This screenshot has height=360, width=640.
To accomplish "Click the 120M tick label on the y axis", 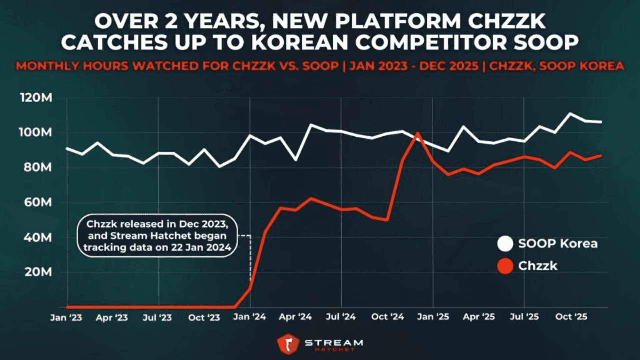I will pos(36,98).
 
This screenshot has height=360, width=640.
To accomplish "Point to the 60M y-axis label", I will pos(38,202).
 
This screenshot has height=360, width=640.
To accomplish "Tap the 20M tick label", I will pos(38,272).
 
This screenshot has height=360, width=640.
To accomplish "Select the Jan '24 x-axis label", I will pos(249,317).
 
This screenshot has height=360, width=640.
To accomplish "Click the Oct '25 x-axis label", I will pos(571,317).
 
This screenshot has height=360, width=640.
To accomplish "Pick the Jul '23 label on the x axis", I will pos(157,317).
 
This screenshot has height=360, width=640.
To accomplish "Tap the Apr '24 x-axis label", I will pos(295,317).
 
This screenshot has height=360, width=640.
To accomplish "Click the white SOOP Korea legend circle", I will pos(505,244).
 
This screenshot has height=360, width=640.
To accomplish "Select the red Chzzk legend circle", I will pos(505,266).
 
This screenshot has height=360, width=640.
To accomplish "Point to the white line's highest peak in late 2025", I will pos(570,114).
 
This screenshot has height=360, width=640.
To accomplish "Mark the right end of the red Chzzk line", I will pos(601,155).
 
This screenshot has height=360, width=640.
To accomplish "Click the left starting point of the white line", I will pos(67,148).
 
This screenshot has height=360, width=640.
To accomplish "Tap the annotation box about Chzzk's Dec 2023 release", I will pos(157,236).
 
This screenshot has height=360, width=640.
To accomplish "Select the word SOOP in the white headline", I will pos(546,42).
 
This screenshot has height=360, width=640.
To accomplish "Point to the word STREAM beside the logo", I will pos(334,343).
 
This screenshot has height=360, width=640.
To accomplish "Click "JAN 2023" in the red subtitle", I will pos(378,66).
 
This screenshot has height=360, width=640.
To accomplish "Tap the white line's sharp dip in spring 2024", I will pos(296,160).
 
